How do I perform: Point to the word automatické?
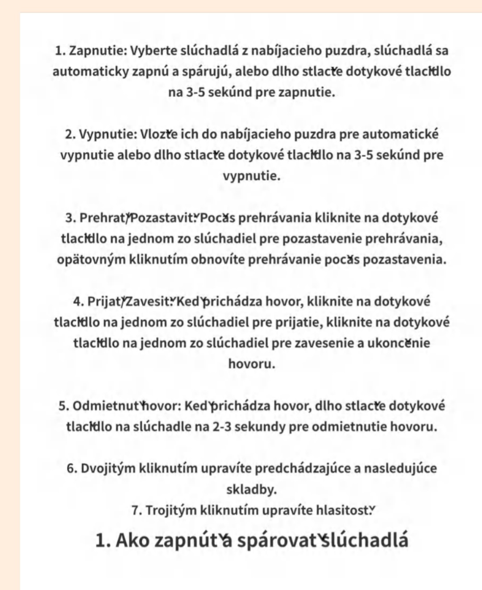[400, 134]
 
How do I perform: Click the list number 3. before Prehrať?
[71, 218]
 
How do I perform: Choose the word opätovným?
[91, 260]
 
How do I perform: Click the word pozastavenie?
[322, 239]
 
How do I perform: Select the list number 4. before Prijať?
[79, 302]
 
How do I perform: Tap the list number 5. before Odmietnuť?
[63, 406]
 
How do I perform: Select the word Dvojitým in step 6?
[108, 469]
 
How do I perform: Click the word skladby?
[251, 490]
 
